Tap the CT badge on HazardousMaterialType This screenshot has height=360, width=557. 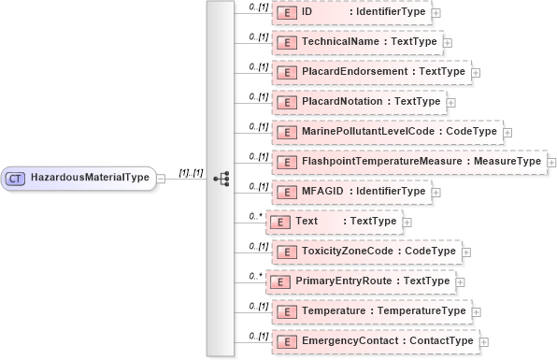(x=16, y=178)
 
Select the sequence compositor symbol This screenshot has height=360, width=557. (x=221, y=178)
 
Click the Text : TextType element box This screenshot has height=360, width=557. (x=335, y=222)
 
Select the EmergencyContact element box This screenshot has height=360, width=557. (x=374, y=341)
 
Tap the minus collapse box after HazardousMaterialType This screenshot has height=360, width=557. (x=161, y=178)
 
